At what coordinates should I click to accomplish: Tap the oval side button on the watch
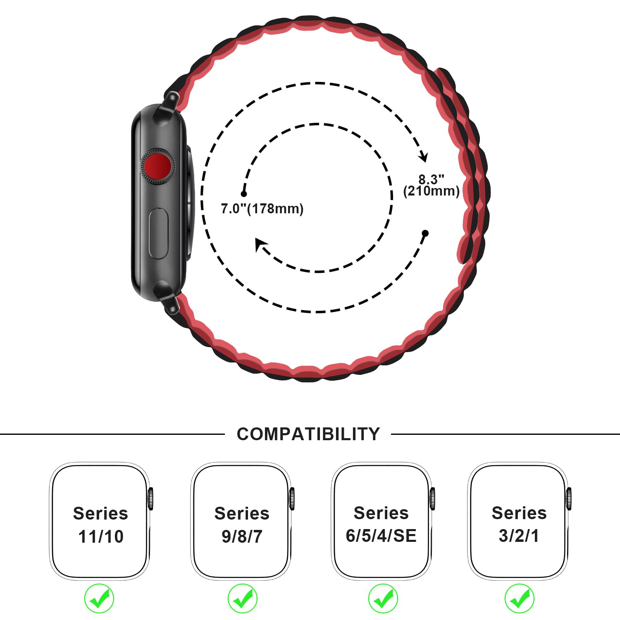(x=158, y=234)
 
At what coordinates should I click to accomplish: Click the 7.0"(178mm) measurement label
(x=262, y=209)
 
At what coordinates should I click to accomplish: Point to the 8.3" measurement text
(x=431, y=179)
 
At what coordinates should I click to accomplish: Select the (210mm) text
(x=431, y=191)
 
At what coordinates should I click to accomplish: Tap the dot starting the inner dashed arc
(x=244, y=193)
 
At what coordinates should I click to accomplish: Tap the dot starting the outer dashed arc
(x=425, y=233)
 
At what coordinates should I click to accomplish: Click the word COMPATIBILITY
(x=308, y=434)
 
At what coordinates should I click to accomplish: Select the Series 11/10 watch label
(x=100, y=525)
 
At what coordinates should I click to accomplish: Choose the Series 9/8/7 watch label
(x=242, y=525)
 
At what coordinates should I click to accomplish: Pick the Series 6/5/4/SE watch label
(x=381, y=524)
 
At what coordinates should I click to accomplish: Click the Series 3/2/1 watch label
(x=519, y=524)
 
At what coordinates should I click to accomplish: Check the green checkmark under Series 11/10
(x=99, y=598)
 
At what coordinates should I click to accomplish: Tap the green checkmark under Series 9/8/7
(x=243, y=598)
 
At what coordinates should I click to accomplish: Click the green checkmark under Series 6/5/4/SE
(x=383, y=598)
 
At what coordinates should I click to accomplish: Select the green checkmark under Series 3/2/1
(x=520, y=598)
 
